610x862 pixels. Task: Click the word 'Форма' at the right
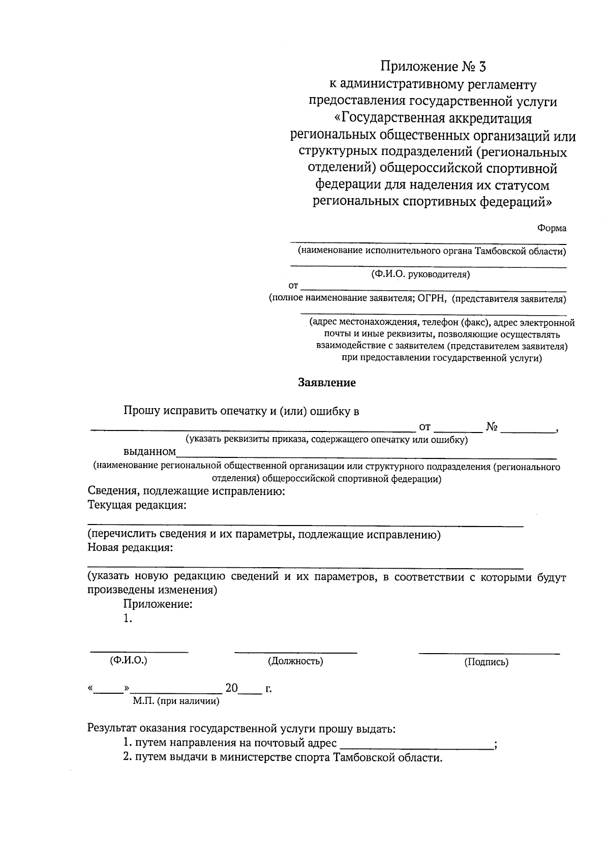point(552,228)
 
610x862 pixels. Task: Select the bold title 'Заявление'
point(327,383)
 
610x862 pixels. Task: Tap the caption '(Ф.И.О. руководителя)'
point(420,274)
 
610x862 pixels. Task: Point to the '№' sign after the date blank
point(491,427)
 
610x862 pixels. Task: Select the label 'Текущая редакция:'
point(137,505)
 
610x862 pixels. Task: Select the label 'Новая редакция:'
point(130,548)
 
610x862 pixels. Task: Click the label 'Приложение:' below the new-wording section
point(158,604)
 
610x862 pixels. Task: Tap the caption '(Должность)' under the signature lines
point(295,661)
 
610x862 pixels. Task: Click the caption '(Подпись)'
point(486,662)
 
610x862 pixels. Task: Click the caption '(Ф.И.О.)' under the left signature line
point(129,660)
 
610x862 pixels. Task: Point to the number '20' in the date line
point(231,689)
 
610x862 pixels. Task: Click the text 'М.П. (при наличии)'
point(176,701)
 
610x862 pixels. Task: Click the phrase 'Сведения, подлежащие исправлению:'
point(186,491)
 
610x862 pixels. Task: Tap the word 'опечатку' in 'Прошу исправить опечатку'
point(242,411)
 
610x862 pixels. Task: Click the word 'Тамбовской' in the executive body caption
point(498,252)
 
